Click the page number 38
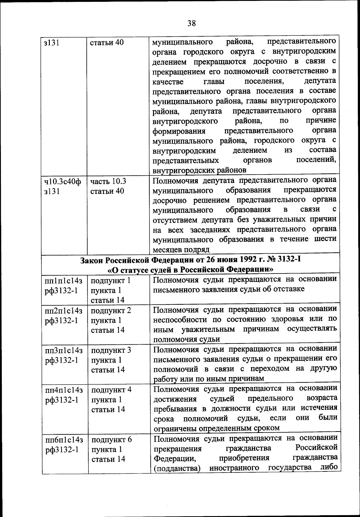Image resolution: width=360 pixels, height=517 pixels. (191, 23)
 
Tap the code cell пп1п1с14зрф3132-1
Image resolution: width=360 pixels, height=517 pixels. (63, 286)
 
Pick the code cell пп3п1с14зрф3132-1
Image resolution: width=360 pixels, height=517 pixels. (64, 355)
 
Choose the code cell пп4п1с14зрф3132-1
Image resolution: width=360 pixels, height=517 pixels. (64, 395)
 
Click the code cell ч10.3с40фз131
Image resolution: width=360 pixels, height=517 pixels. (62, 186)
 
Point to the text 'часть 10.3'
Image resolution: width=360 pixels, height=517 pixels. (108, 181)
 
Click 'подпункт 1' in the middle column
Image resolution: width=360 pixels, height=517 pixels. (110, 281)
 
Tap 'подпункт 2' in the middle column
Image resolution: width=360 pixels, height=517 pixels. (111, 310)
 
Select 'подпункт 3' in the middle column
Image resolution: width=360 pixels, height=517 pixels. (111, 350)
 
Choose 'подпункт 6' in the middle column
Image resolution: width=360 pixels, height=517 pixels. (111, 440)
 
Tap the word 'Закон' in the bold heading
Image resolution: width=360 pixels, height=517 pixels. (92, 260)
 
